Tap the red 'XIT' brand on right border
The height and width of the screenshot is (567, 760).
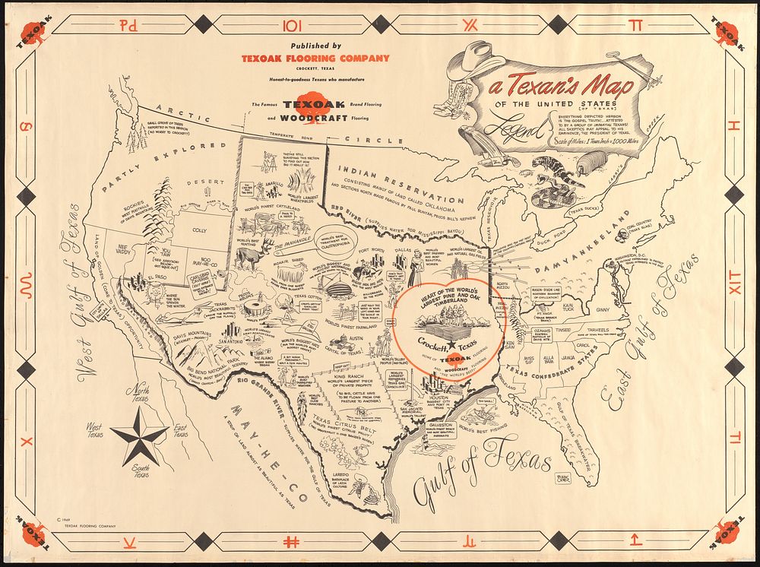click(734, 287)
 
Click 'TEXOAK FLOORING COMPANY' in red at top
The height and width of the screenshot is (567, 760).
click(315, 58)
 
